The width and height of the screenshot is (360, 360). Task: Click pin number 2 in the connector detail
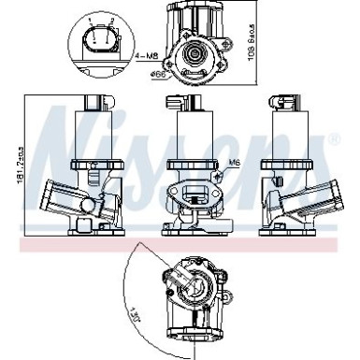108,21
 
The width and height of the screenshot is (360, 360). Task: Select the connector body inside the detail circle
99,42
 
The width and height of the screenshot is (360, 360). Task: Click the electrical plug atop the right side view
283,104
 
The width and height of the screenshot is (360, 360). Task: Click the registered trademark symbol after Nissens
334,139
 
